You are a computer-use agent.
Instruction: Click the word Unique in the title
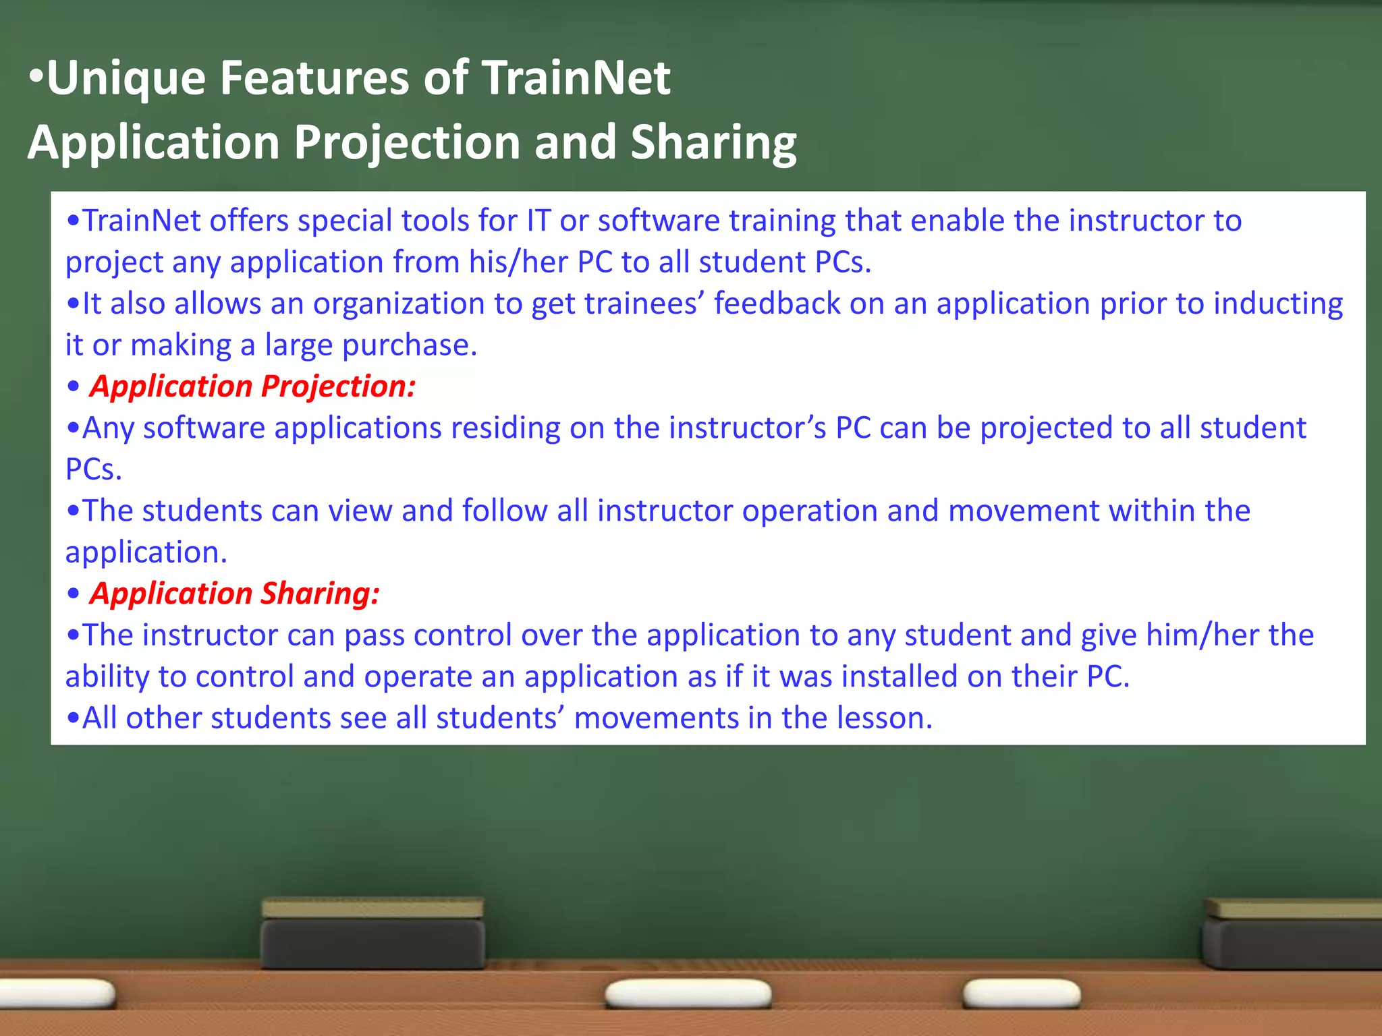126,79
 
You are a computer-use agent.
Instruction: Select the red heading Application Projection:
252,386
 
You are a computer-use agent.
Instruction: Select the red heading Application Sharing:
234,594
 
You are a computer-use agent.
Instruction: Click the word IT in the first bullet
538,221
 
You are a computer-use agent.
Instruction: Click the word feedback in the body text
777,304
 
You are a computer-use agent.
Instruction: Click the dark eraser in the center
372,934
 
